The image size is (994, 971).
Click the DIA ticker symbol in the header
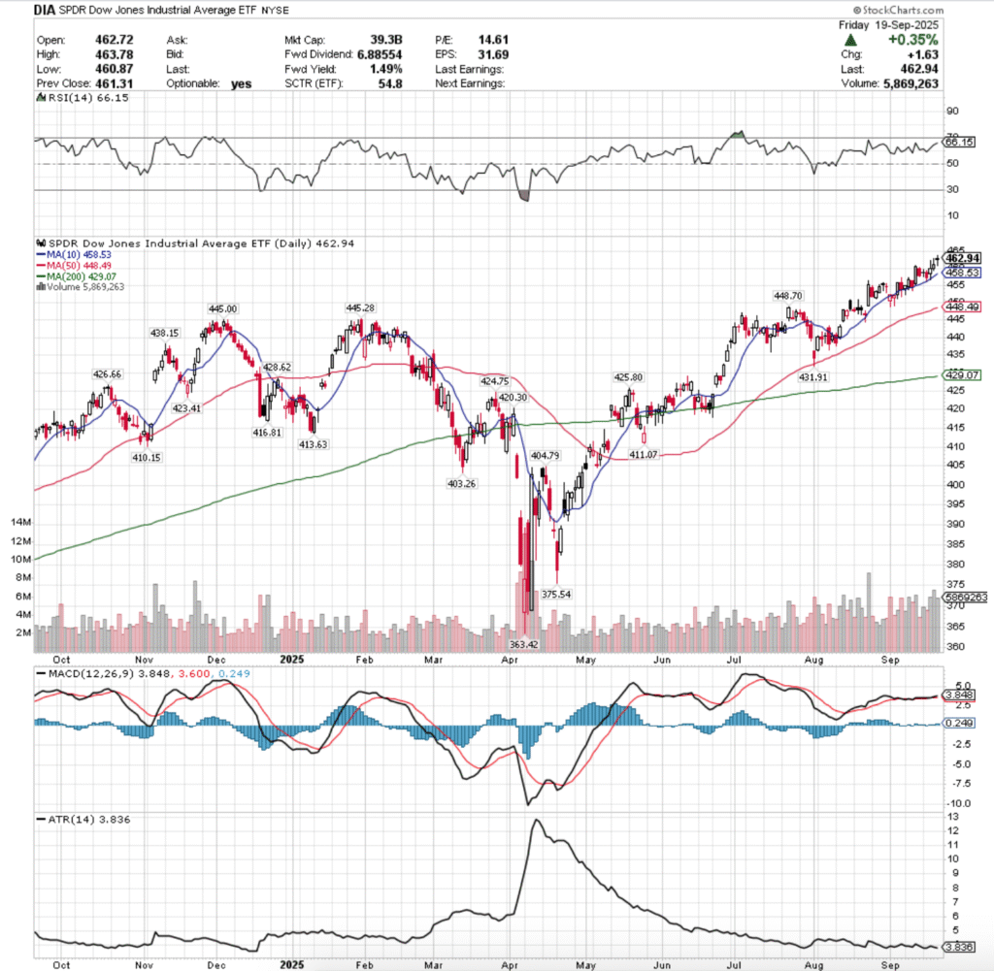(45, 11)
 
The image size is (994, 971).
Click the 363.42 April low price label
(525, 642)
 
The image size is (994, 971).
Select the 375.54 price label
(560, 594)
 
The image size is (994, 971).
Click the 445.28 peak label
(361, 307)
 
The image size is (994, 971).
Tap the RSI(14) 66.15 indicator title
(72, 98)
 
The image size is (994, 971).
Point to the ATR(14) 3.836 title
(70, 819)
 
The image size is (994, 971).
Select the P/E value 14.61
(492, 41)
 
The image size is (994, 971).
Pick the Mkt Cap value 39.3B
(374, 41)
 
